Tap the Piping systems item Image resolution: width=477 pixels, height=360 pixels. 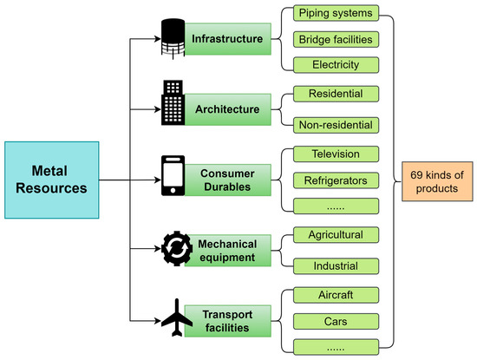(x=334, y=14)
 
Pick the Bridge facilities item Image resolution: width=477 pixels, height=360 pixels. (x=334, y=39)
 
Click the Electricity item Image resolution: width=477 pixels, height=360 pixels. (x=334, y=64)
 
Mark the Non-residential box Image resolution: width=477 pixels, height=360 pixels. (x=334, y=124)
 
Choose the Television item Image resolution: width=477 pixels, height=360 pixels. (x=334, y=155)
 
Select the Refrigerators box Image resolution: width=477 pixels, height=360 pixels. (x=334, y=181)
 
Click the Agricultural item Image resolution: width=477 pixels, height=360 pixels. (x=334, y=235)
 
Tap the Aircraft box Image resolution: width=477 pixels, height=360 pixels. (x=334, y=295)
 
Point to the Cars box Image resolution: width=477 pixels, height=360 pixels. (x=334, y=320)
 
